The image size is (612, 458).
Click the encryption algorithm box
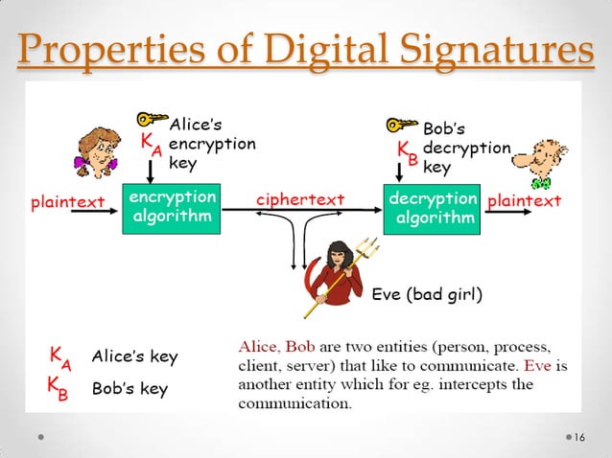coord(172,207)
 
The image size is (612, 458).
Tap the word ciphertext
coord(300,199)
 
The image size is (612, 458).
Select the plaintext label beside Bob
coord(525,201)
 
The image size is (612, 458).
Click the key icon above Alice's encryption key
coord(152,120)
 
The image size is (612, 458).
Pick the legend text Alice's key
coord(134,357)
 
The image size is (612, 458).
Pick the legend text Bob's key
coord(129,389)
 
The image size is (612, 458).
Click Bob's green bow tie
coord(544,182)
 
